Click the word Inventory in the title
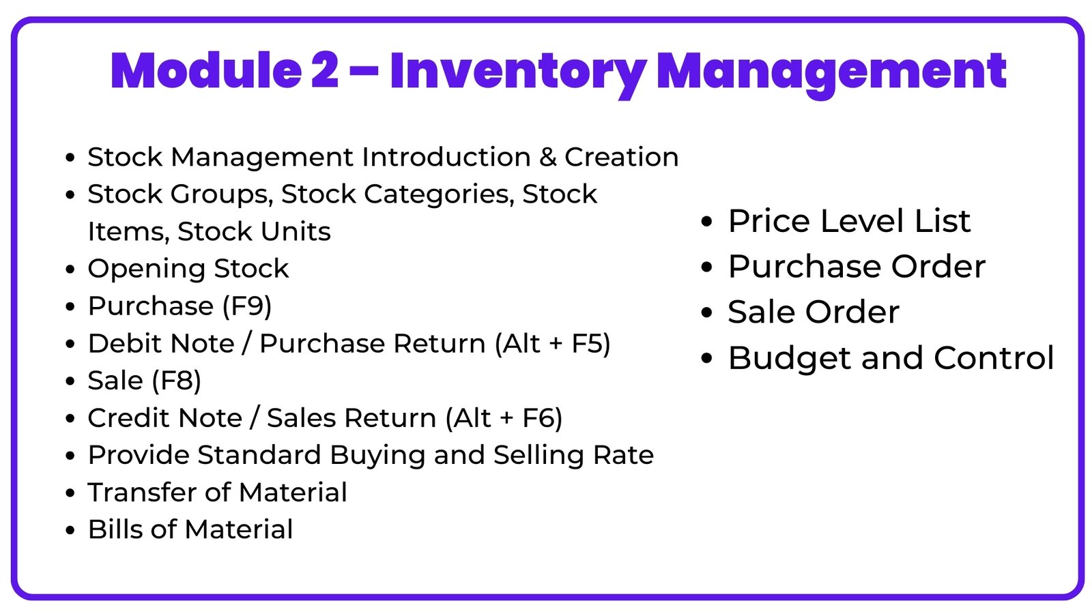(x=518, y=73)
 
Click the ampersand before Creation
(x=548, y=158)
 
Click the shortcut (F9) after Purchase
(x=246, y=306)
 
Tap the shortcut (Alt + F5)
(x=552, y=344)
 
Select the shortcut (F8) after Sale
(x=177, y=381)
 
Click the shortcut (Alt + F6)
(x=504, y=418)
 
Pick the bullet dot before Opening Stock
(x=70, y=269)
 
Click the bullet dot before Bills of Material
(x=70, y=530)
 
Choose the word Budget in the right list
(x=790, y=359)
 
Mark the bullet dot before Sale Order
(x=706, y=312)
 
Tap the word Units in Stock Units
(x=296, y=231)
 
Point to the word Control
(x=994, y=358)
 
